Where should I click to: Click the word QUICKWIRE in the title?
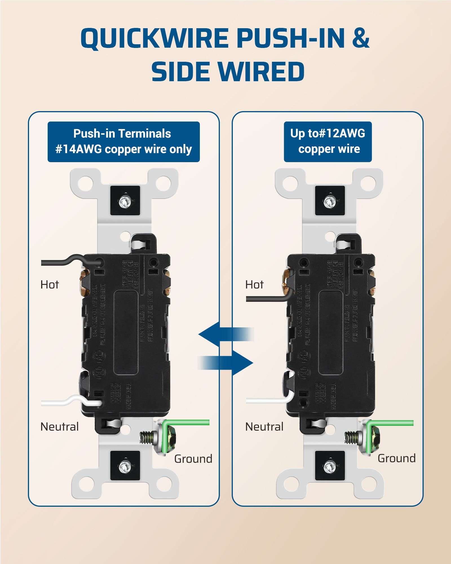point(154,39)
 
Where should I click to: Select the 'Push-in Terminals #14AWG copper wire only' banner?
point(123,142)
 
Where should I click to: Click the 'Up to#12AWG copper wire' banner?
point(328,142)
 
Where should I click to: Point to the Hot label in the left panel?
point(50,285)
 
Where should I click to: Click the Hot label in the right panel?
point(254,285)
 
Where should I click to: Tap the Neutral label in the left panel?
point(59,427)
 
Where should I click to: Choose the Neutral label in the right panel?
point(264,427)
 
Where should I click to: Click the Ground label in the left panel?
point(193,459)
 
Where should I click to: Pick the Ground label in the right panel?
point(396,459)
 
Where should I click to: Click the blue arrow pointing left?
point(223,334)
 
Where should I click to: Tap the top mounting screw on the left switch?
point(125,201)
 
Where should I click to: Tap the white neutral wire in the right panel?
point(265,400)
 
